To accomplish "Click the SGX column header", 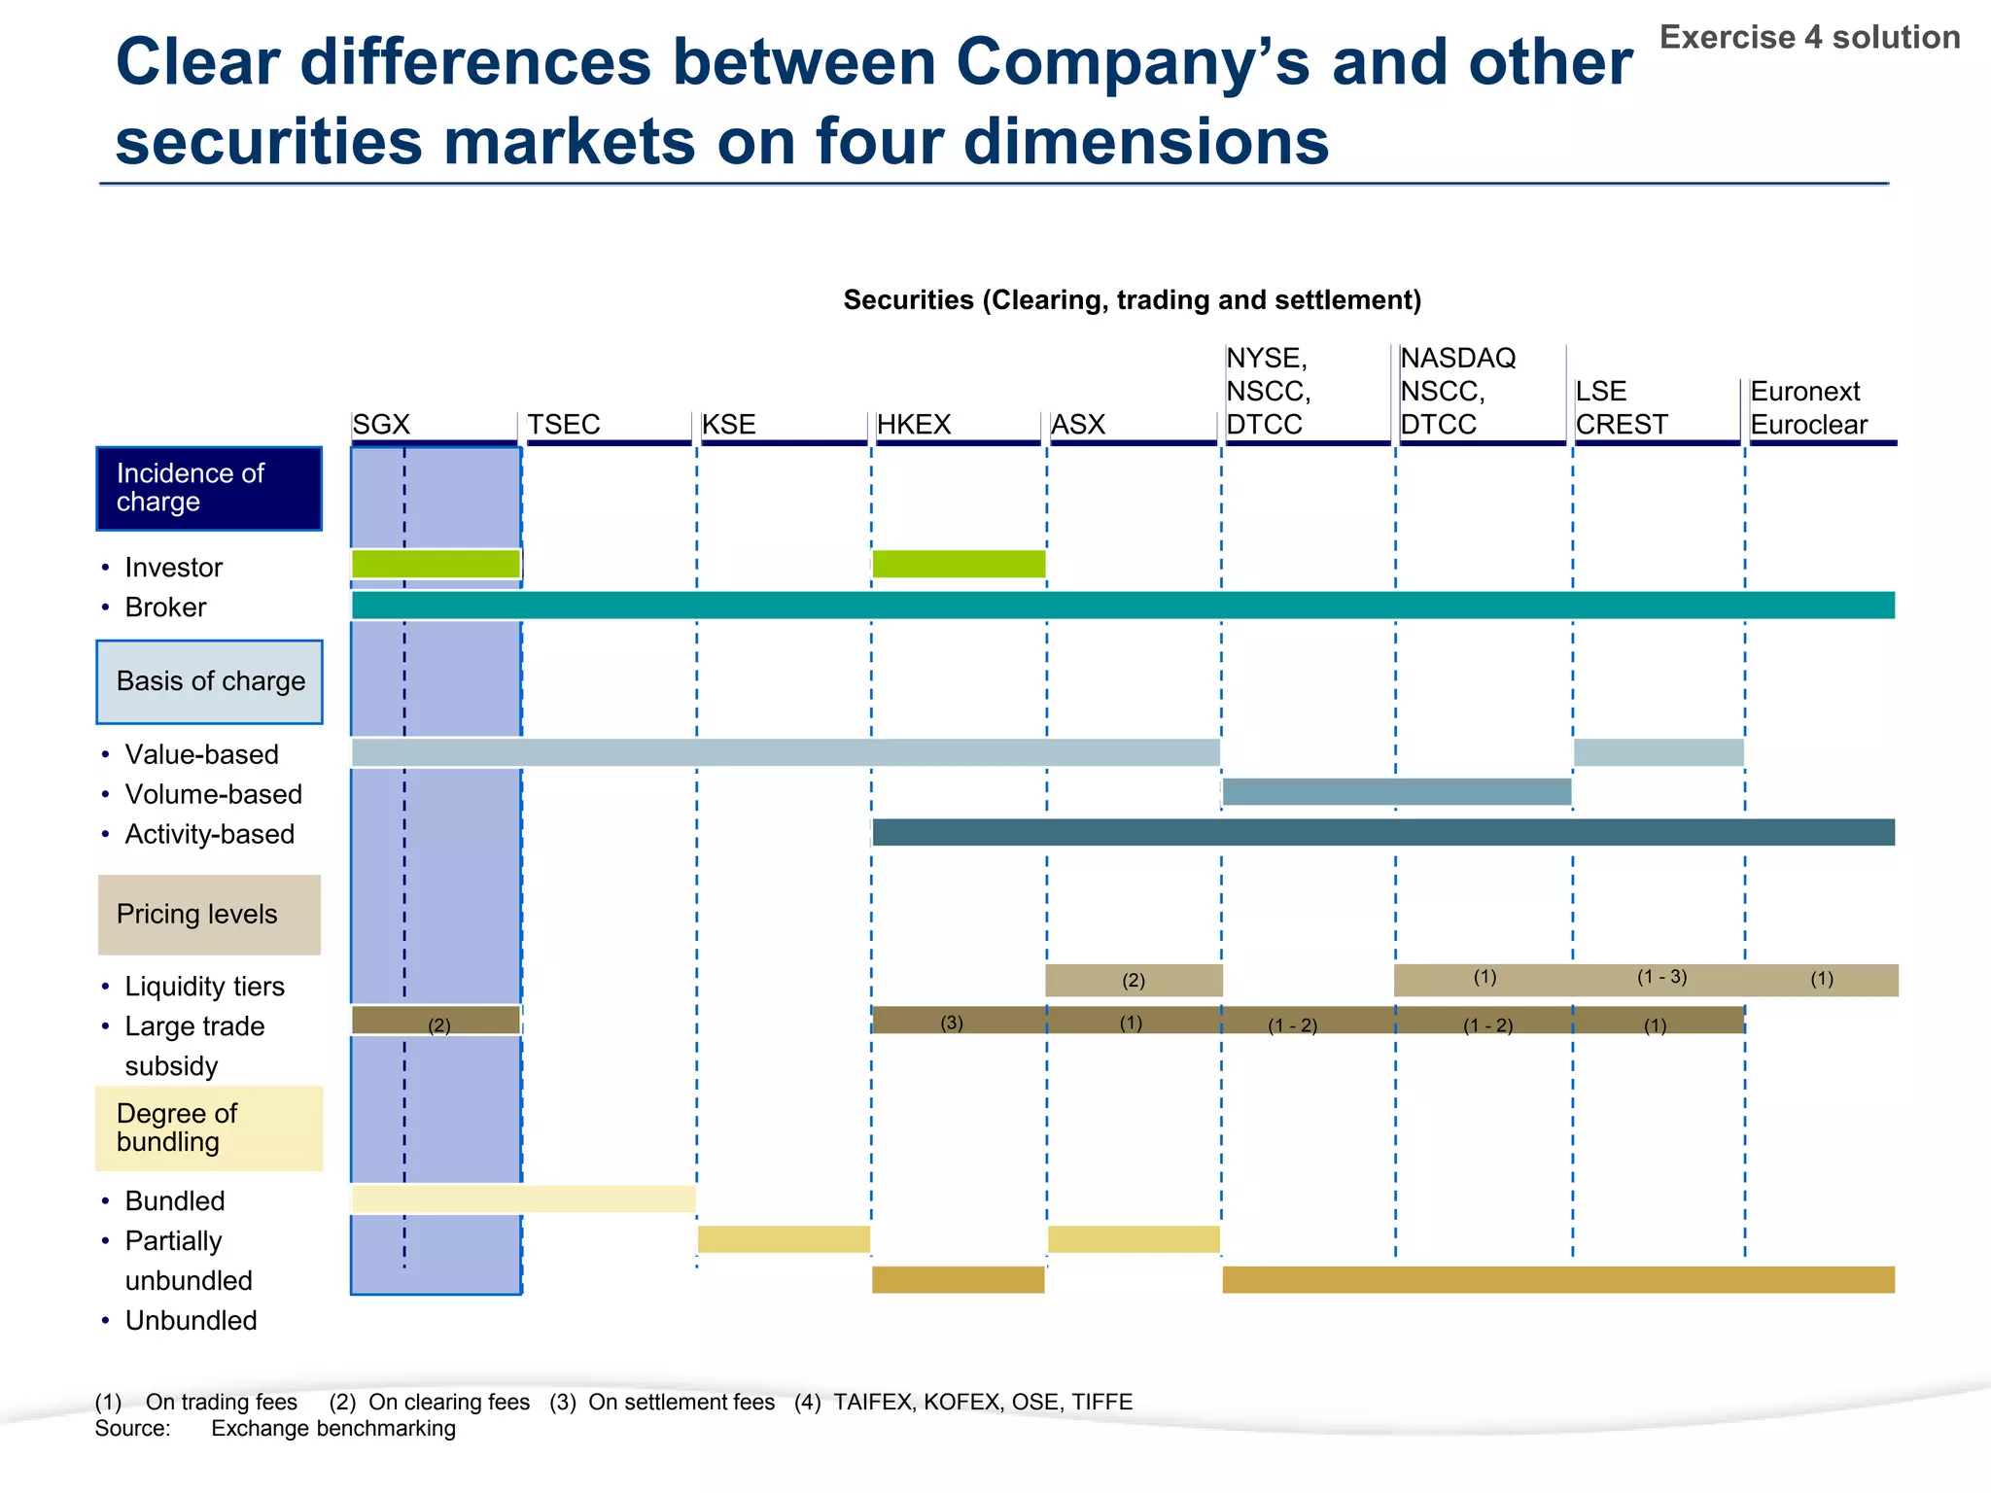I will point(382,425).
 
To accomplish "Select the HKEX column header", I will point(913,425).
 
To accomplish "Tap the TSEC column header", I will point(564,425).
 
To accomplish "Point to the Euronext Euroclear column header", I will point(1808,408).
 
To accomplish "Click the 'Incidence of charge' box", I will point(209,488).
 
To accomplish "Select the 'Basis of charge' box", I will point(209,681).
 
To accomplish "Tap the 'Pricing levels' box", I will point(209,915).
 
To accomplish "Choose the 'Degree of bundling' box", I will point(209,1128).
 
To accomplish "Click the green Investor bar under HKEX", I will point(959,564).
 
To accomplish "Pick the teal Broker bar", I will point(1123,606).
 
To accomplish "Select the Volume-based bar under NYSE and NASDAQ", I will point(1396,792).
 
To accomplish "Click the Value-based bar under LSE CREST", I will point(1659,752).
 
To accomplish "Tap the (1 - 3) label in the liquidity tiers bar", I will point(1661,977).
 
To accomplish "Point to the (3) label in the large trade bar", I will point(952,1023).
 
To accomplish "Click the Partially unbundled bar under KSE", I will point(784,1239).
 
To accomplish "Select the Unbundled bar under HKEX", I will point(959,1280).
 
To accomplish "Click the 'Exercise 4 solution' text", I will point(1809,38).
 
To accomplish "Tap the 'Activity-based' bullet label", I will point(209,834).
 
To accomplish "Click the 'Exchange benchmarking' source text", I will point(333,1429).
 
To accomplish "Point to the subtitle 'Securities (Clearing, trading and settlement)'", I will point(1132,300).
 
